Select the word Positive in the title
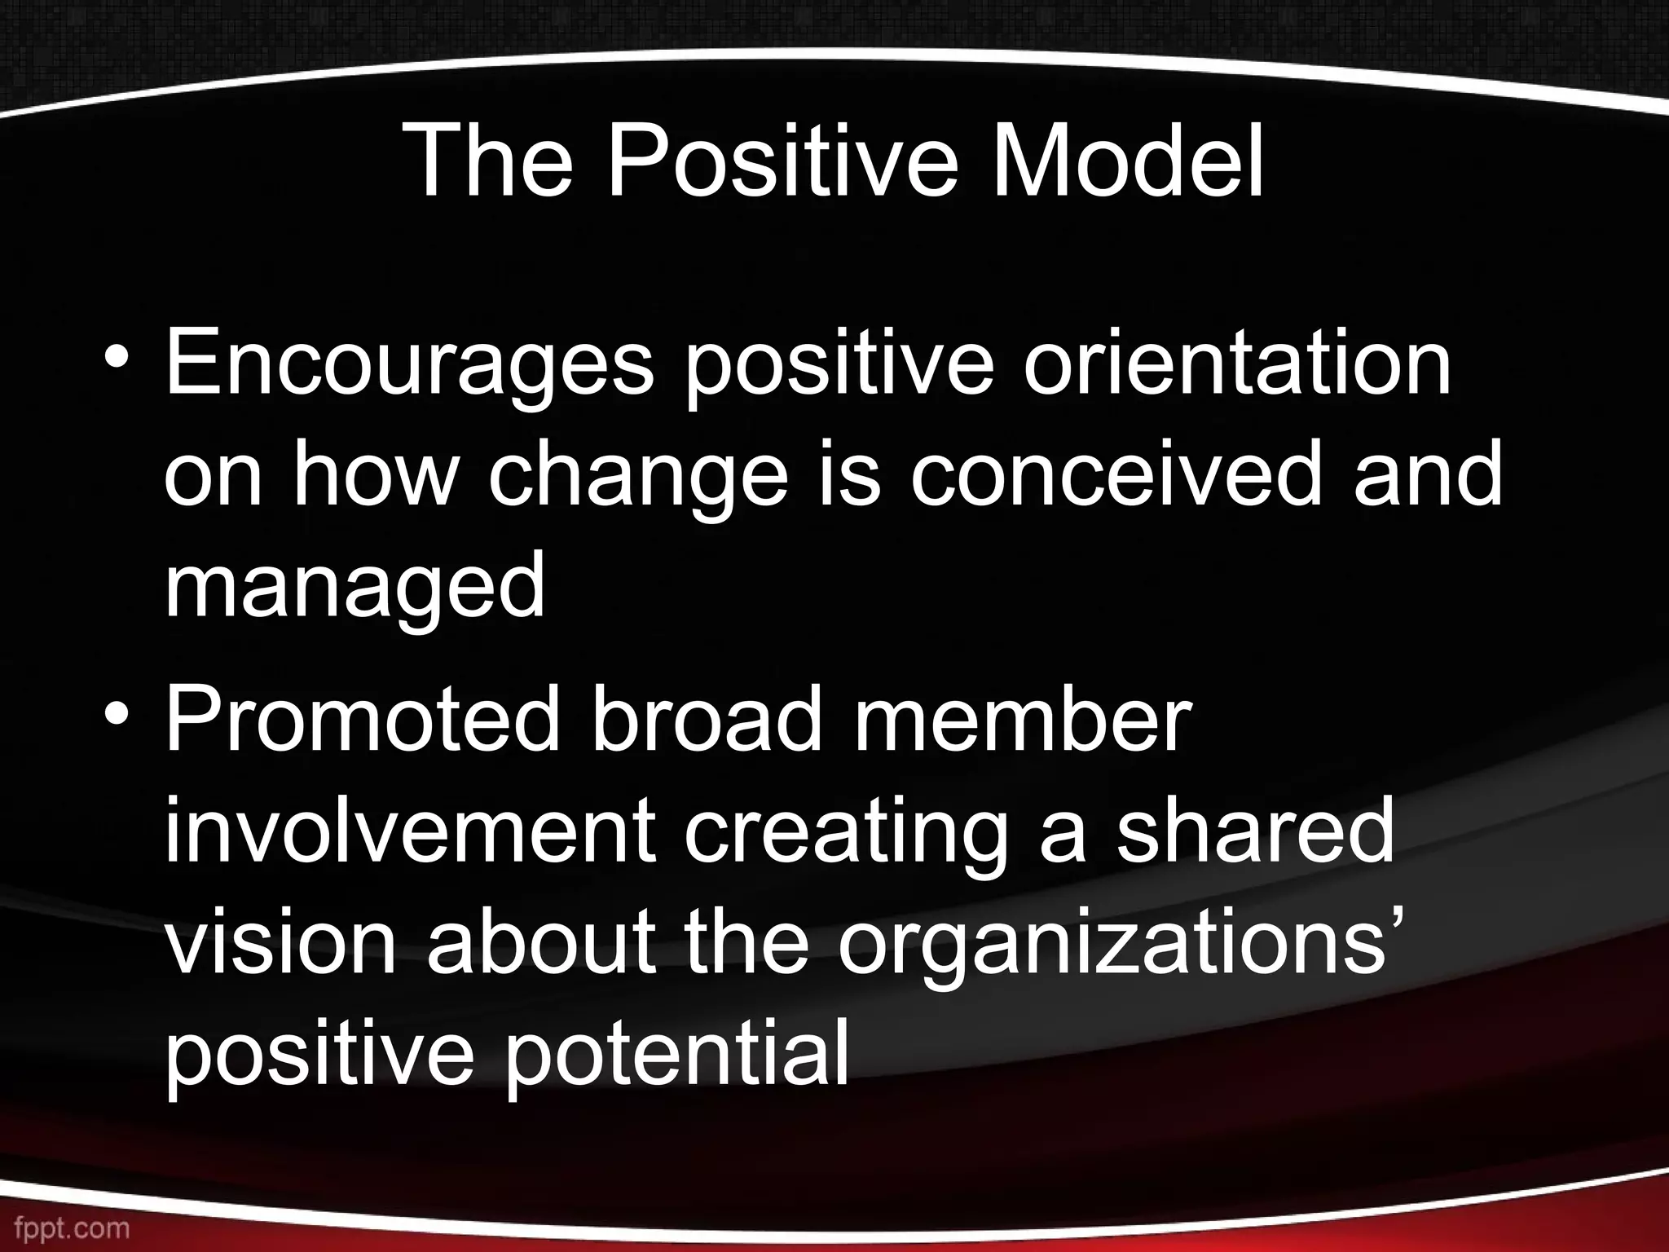pyautogui.click(x=782, y=163)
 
